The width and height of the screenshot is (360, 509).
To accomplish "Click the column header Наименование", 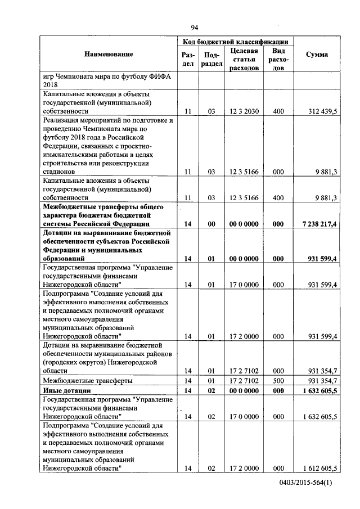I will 109,54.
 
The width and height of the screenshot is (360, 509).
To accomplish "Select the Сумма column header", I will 317,54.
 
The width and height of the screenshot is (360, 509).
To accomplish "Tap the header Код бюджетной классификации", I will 236,42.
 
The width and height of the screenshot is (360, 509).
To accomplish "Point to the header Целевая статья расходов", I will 244,59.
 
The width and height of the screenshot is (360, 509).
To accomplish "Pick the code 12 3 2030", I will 244,112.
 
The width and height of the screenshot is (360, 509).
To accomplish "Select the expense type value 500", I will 278,381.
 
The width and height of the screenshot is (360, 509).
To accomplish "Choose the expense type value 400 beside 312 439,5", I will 278,112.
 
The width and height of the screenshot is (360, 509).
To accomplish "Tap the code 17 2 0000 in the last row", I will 244,469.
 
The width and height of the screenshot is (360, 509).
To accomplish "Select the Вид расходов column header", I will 278,59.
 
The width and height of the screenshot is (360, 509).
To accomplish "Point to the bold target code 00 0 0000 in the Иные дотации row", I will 244,390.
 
